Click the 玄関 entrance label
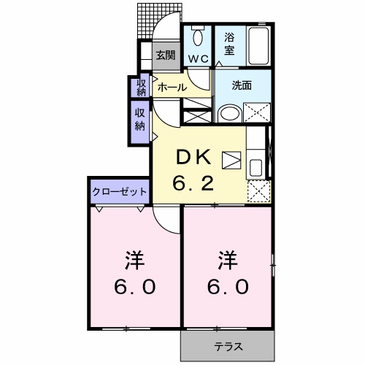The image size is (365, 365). pos(166,54)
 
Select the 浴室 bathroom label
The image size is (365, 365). pos(228,43)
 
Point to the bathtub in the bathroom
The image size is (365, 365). pos(258,46)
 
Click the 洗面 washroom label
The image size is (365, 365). pos(242,85)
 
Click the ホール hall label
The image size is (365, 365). pos(172,87)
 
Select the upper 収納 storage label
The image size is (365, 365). pos(141,87)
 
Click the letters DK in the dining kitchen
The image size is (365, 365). pos(193,156)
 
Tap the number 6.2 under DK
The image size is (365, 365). pos(193,182)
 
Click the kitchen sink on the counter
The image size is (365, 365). pos(256,167)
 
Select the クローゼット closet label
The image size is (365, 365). pos(120,191)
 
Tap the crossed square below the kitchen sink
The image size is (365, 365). pos(257,191)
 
